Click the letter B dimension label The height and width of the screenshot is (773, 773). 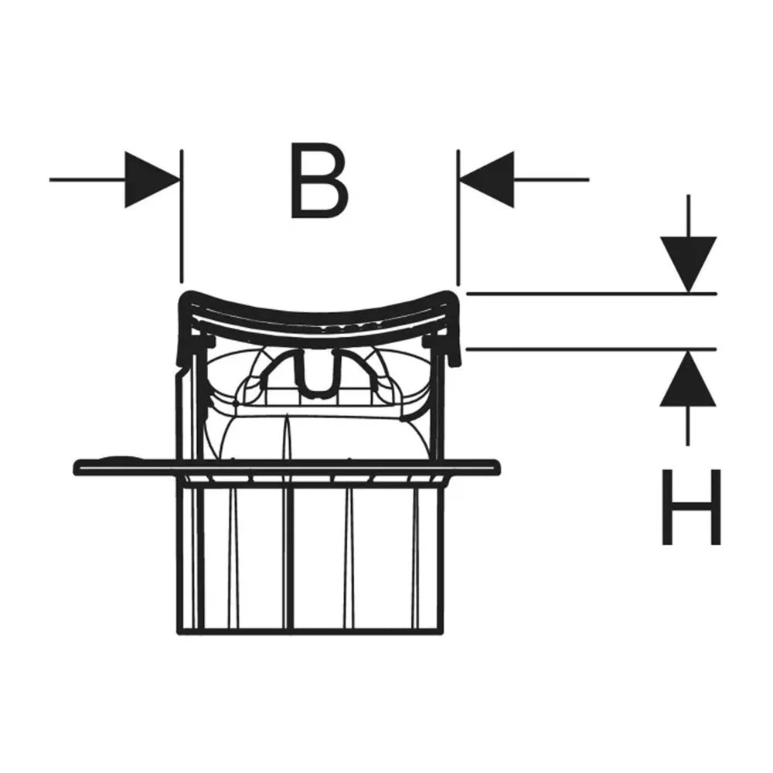pyautogui.click(x=319, y=181)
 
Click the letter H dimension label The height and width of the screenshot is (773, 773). pyautogui.click(x=691, y=507)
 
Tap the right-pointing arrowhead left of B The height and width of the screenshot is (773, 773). pyautogui.click(x=152, y=179)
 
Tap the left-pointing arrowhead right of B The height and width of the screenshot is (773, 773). pyautogui.click(x=486, y=179)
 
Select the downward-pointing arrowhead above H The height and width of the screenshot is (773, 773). pyautogui.click(x=688, y=264)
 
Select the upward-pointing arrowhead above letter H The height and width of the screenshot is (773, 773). pyautogui.click(x=688, y=378)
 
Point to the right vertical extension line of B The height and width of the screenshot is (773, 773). pyautogui.click(x=458, y=217)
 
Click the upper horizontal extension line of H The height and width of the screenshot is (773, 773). pyautogui.click(x=591, y=294)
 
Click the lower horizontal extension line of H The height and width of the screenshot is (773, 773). pyautogui.click(x=591, y=349)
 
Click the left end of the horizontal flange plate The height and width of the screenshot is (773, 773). pyautogui.click(x=75, y=468)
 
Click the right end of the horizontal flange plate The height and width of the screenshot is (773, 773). pyautogui.click(x=498, y=468)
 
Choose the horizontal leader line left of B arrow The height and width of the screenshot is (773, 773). pyautogui.click(x=88, y=179)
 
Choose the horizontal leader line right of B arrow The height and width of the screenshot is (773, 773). pyautogui.click(x=551, y=179)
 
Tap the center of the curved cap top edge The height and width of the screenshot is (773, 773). pyautogui.click(x=318, y=314)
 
